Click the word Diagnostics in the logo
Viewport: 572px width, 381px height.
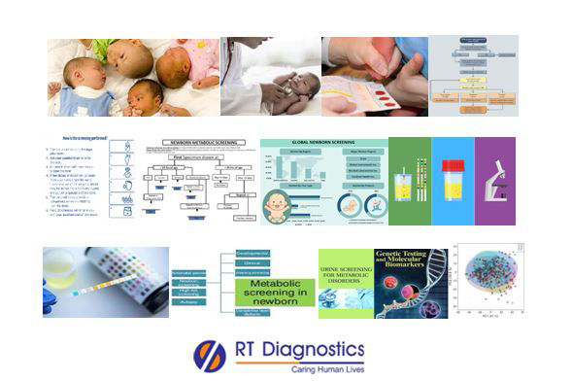pyautogui.click(x=314, y=350)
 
